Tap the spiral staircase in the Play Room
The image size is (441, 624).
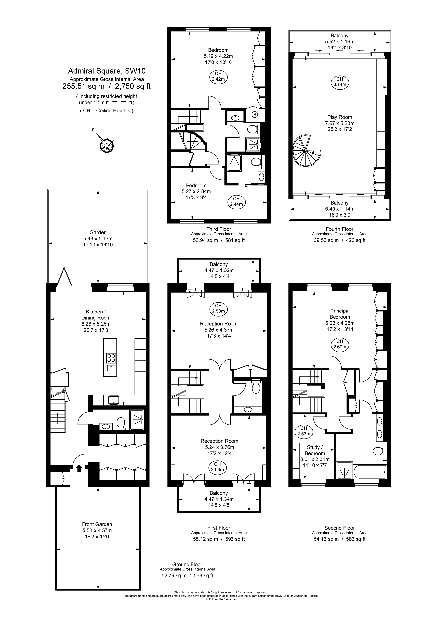click(x=306, y=151)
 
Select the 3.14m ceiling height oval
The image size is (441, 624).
click(x=340, y=82)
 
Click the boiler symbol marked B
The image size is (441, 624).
click(x=255, y=115)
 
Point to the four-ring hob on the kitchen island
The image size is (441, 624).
click(x=111, y=358)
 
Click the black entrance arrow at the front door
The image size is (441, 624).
click(x=79, y=468)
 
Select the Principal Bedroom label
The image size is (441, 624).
click(x=340, y=314)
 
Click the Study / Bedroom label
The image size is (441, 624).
click(x=315, y=450)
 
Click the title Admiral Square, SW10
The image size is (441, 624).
click(x=106, y=71)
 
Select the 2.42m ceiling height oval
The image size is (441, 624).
click(x=218, y=76)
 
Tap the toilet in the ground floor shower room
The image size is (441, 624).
click(x=121, y=423)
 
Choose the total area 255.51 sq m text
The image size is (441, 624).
click(x=84, y=86)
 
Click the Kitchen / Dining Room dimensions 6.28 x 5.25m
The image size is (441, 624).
click(x=96, y=324)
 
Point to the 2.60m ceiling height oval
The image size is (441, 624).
click(x=340, y=344)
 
